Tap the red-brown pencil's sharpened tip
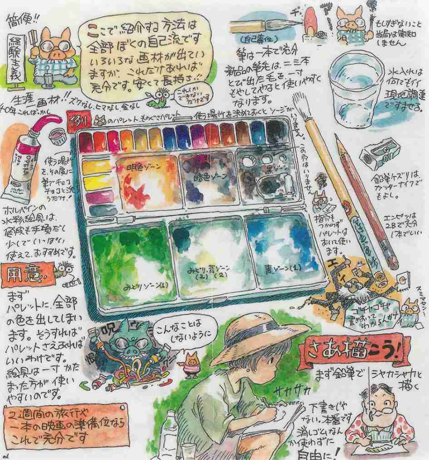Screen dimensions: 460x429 click(338, 138)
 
